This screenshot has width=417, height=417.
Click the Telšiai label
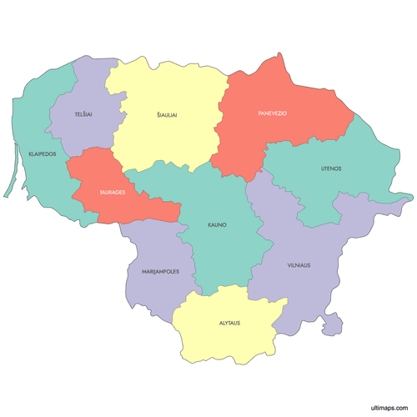click(x=82, y=113)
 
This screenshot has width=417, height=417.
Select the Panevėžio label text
click(x=272, y=113)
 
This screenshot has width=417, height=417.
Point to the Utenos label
click(x=331, y=168)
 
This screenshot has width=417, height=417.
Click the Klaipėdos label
click(x=43, y=154)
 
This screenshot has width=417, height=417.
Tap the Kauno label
click(x=218, y=225)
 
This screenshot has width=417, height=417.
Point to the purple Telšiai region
click(x=83, y=92)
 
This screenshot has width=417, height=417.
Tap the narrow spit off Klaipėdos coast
click(x=11, y=171)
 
